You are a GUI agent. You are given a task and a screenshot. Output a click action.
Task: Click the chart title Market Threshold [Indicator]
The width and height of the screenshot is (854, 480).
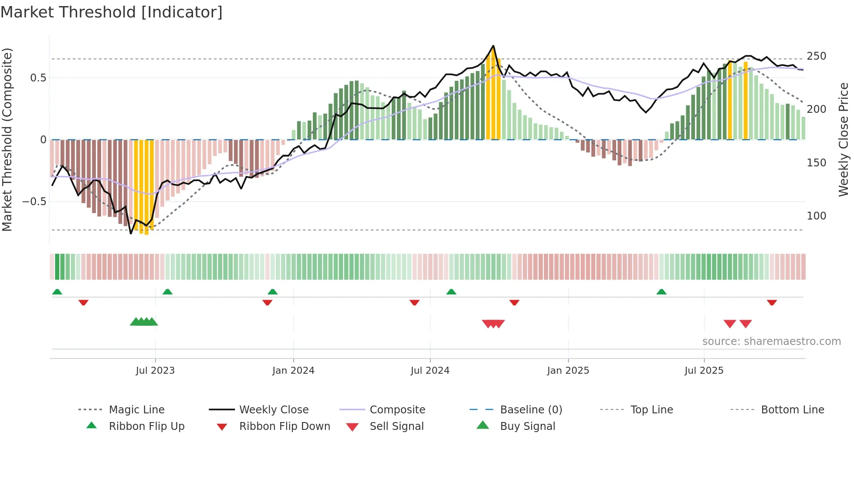click(112, 12)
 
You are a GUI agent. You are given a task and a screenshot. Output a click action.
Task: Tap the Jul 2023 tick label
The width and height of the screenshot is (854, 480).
click(155, 371)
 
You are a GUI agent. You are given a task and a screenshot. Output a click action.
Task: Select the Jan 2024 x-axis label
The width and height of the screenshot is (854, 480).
click(293, 371)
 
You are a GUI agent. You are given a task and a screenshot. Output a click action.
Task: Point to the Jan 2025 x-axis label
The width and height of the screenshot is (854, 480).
click(568, 371)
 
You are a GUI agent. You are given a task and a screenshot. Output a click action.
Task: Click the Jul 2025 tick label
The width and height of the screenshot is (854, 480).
click(704, 371)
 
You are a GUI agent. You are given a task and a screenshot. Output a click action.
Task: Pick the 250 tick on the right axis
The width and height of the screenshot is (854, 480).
click(816, 56)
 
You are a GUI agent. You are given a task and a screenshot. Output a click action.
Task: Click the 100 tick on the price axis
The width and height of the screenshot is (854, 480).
click(816, 216)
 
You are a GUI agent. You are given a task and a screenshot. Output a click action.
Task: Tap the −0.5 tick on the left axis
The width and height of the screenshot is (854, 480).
click(34, 202)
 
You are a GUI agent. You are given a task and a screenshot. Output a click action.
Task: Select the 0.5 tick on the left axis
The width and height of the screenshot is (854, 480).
click(38, 78)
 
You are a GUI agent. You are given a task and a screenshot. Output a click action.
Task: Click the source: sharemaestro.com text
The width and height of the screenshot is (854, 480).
click(771, 341)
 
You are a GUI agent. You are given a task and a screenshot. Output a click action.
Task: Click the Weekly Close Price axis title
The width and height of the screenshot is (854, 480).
click(844, 139)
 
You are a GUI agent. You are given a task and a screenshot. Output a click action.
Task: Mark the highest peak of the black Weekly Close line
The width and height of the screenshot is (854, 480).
click(493, 46)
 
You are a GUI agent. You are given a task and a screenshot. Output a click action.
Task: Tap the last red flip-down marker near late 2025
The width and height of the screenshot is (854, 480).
click(772, 302)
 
